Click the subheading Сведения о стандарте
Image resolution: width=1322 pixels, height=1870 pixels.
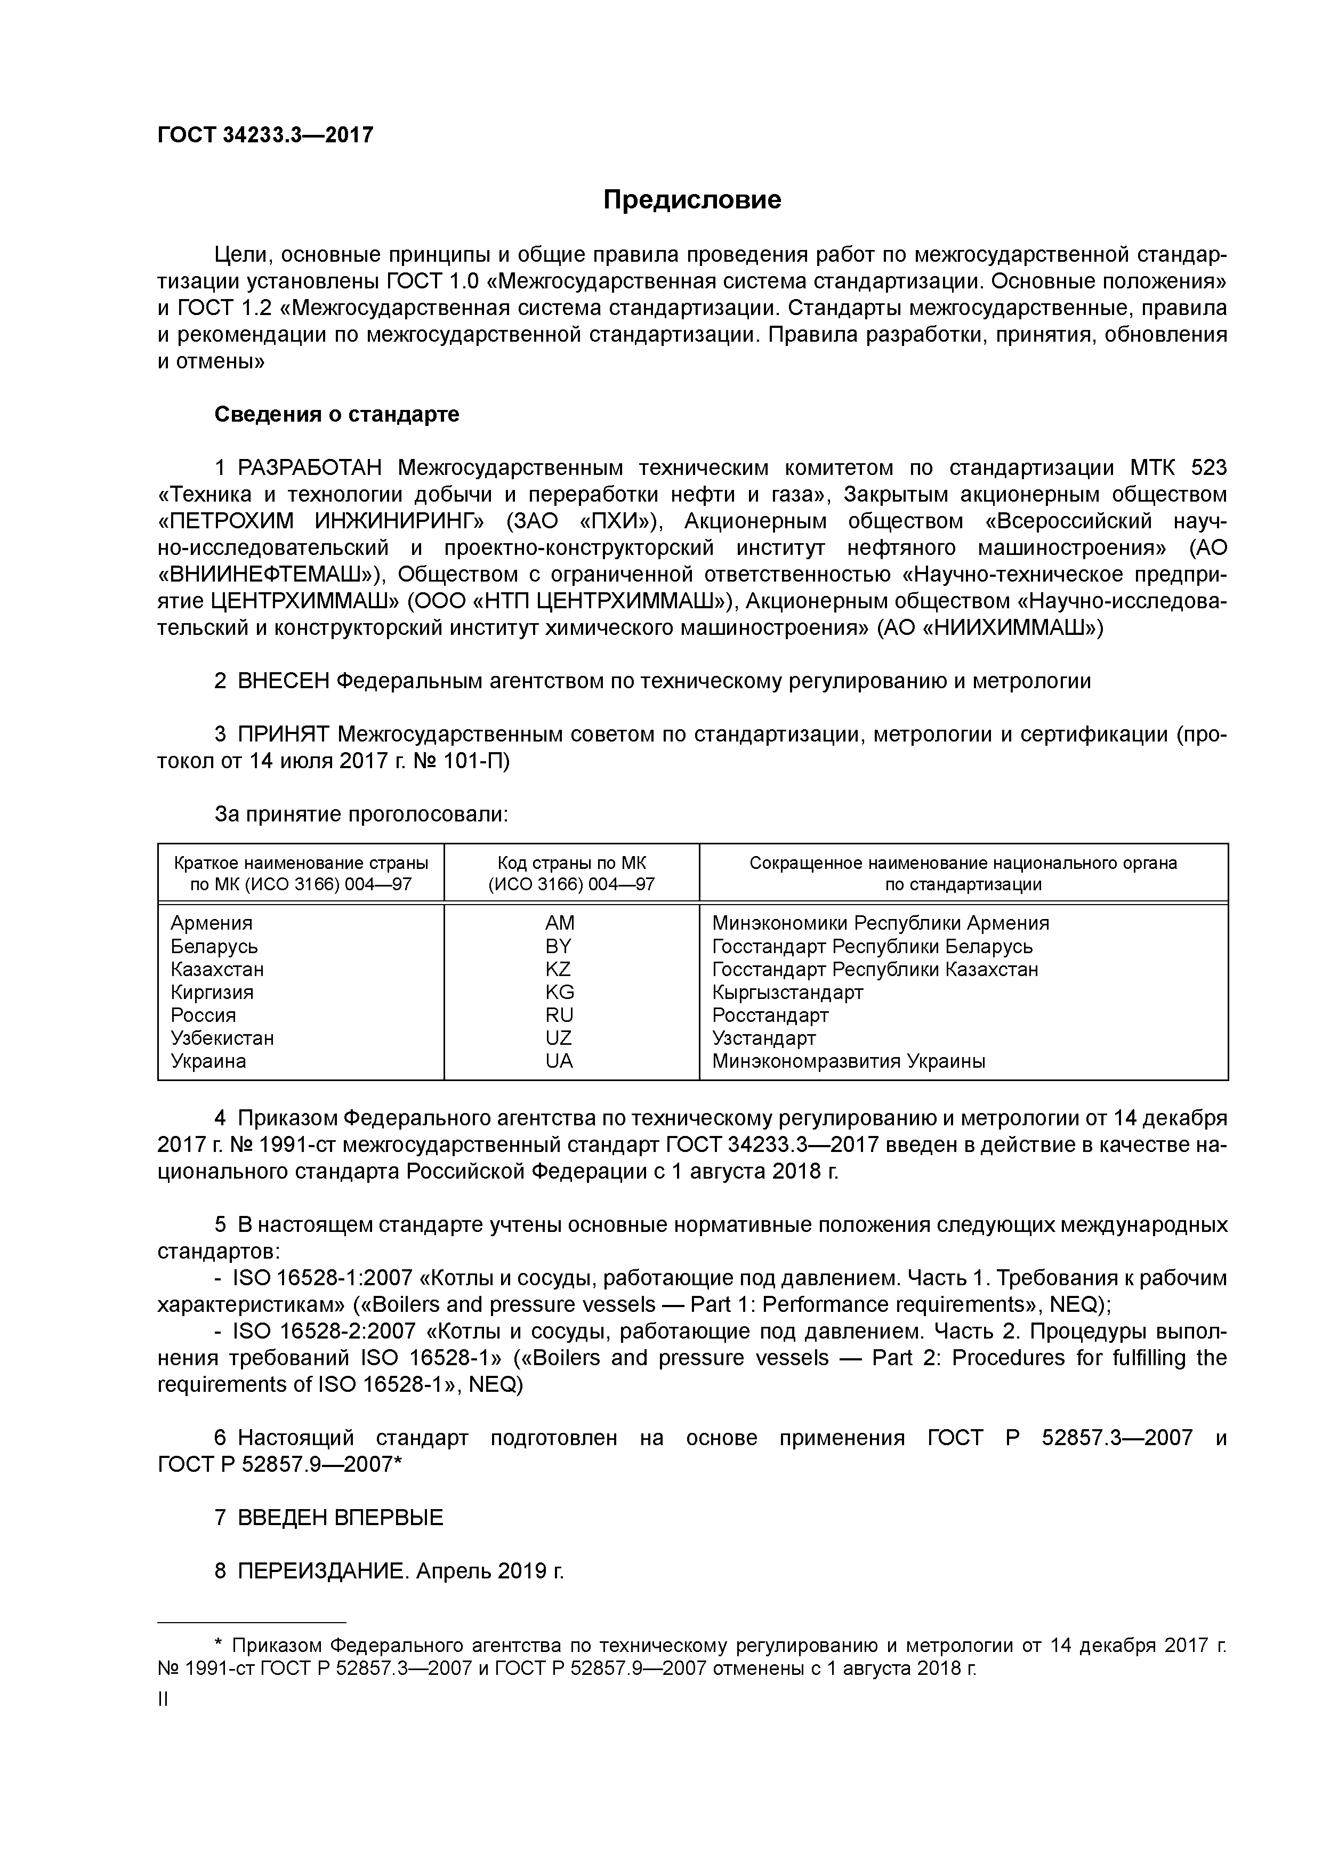pos(336,415)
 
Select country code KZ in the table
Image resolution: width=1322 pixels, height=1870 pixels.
pos(559,969)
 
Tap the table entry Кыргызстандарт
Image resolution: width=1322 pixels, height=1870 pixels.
pos(787,992)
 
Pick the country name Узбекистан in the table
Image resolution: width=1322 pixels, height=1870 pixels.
pos(222,1038)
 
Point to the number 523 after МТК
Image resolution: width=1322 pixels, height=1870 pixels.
pos(1208,469)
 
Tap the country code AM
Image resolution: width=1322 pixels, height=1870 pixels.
pos(560,923)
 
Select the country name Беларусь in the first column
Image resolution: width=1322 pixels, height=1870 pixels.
pos(214,946)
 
